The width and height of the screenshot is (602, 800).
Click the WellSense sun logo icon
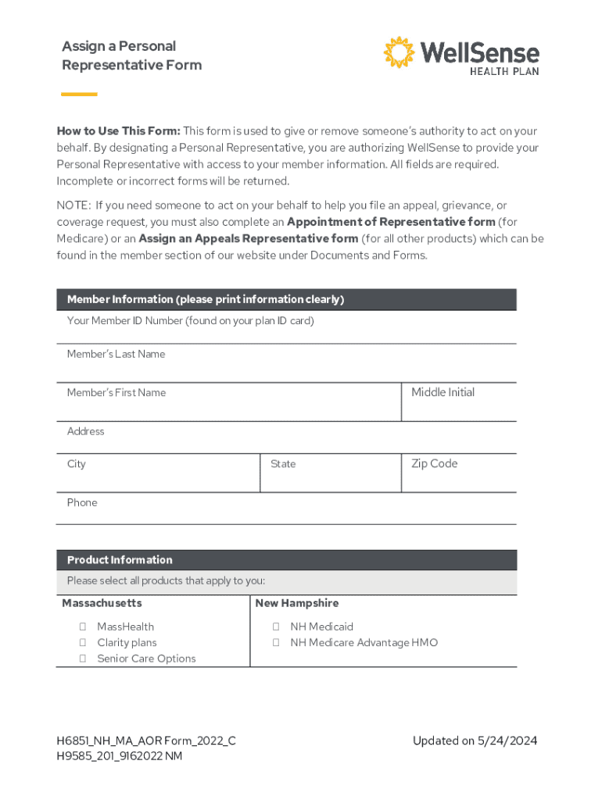400,52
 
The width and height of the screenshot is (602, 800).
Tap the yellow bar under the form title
79,95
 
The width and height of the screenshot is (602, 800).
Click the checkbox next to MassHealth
82,627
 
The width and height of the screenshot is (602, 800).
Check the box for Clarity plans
82,643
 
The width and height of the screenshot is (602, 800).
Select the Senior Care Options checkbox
82,659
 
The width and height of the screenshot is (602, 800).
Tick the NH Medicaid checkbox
276,627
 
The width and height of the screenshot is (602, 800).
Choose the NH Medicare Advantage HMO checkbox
276,643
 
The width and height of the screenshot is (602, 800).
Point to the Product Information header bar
286,560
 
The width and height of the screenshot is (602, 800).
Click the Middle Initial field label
443,393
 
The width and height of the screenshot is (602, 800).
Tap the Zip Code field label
434,464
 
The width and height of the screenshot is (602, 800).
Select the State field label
283,464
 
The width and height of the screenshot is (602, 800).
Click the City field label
77,464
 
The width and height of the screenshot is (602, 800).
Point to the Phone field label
82,503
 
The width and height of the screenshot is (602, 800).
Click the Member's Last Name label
116,355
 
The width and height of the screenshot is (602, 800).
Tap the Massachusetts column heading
102,604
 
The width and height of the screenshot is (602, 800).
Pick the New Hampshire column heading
296,604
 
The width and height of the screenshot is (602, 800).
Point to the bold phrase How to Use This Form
118,131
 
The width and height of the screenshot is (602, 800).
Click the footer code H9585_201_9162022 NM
119,756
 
